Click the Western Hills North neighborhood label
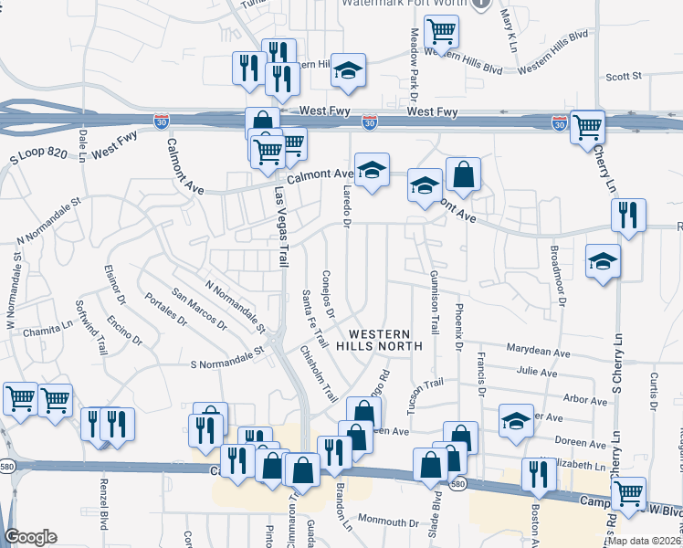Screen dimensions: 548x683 click(379, 340)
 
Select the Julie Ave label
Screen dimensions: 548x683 click(536, 373)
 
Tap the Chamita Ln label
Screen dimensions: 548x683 click(47, 330)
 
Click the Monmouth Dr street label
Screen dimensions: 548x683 click(386, 522)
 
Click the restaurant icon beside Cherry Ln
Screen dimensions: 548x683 click(628, 215)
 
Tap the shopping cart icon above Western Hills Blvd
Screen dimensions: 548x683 click(442, 32)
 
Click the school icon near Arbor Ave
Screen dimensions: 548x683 click(516, 420)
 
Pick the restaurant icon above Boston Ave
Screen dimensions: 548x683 click(539, 473)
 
